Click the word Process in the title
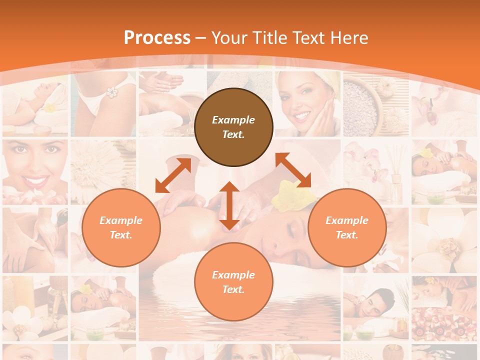click(x=157, y=37)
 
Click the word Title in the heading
click(x=267, y=37)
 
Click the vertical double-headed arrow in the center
click(x=229, y=205)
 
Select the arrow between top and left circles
click(x=173, y=175)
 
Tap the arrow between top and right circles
click(x=293, y=170)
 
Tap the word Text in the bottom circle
click(x=233, y=289)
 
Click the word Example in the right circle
click(x=347, y=220)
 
